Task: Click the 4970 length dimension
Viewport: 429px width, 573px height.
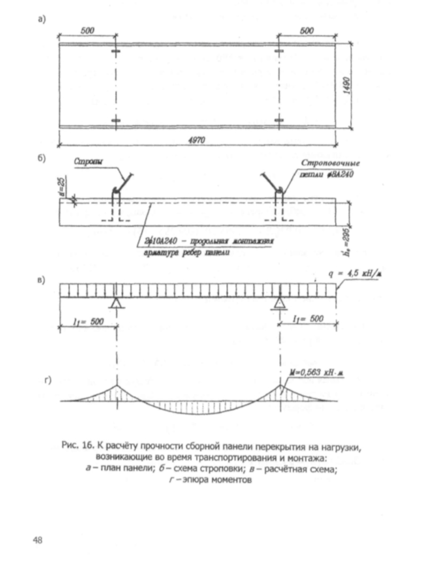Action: pos(196,139)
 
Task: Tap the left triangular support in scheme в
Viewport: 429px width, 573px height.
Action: pos(115,303)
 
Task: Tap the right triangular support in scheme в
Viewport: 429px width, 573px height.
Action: pos(280,303)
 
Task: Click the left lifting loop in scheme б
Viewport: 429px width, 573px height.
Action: pos(115,192)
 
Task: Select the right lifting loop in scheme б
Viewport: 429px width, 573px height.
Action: pos(279,192)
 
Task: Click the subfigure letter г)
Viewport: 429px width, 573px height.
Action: pos(48,381)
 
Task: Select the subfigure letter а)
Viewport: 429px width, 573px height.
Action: pos(41,20)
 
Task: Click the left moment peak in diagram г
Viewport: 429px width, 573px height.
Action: pos(116,386)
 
